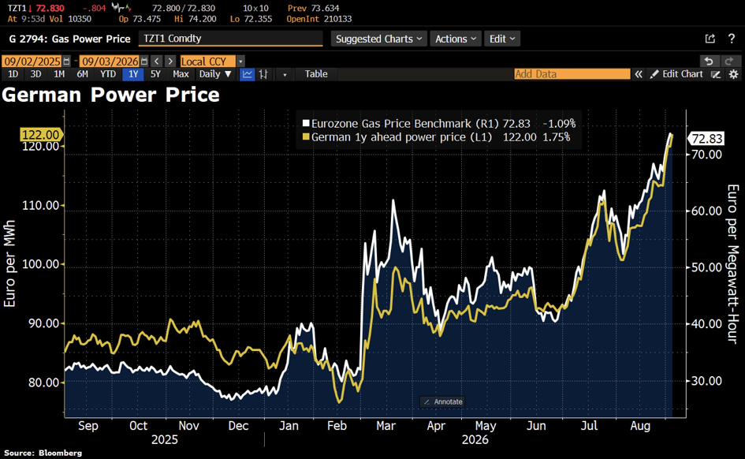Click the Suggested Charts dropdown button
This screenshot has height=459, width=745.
(x=378, y=39)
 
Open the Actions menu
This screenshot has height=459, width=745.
(x=456, y=39)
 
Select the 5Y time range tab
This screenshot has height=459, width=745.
(x=155, y=74)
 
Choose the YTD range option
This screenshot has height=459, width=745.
(x=108, y=74)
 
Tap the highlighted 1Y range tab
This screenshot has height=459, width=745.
(x=133, y=74)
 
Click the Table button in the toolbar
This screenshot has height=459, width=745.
(x=316, y=74)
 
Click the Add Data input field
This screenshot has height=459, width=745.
(x=572, y=74)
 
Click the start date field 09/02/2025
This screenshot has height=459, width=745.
(x=32, y=62)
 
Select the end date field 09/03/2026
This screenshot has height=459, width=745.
(x=110, y=62)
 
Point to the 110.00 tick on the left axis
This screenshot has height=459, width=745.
(x=40, y=205)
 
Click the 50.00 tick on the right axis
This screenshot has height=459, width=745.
(x=706, y=267)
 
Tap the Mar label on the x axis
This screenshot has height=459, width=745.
(x=386, y=426)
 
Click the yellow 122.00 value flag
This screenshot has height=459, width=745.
(x=41, y=135)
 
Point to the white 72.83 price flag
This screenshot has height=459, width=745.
(x=706, y=139)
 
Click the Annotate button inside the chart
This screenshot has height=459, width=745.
(x=443, y=402)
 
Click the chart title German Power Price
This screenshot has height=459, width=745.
(x=110, y=95)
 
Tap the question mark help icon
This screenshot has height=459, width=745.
(x=732, y=39)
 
